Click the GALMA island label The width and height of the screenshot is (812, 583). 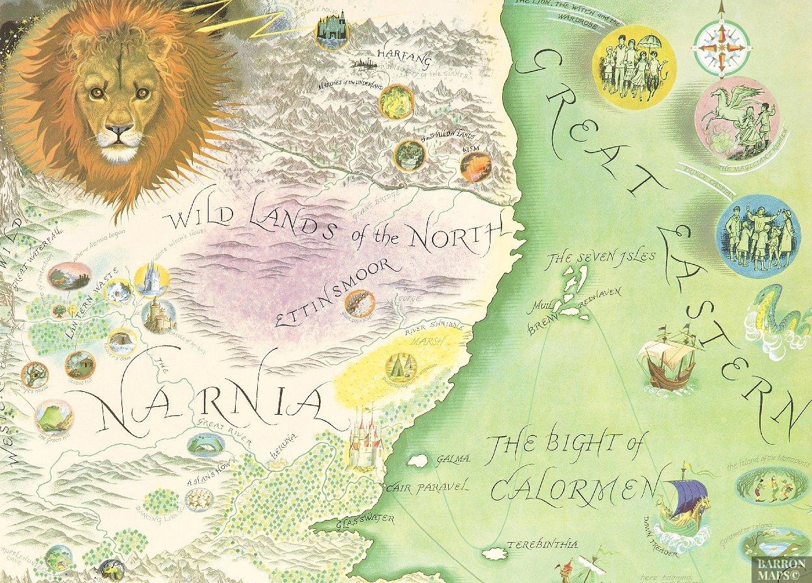pyautogui.click(x=453, y=459)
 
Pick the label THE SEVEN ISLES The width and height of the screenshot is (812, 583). pyautogui.click(x=601, y=259)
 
